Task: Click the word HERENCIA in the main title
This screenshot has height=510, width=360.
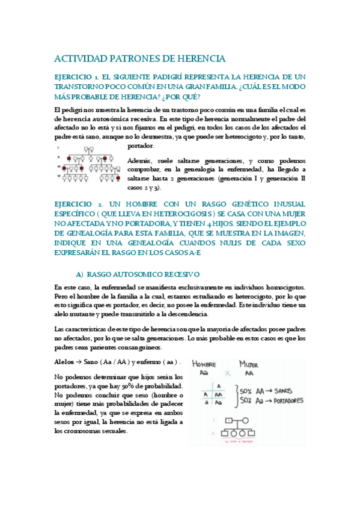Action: point(200,59)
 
